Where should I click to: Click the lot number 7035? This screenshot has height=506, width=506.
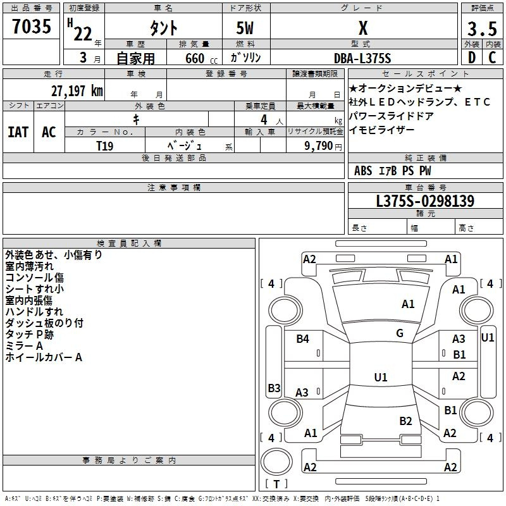click(32, 26)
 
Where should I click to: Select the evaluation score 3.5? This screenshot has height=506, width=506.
click(482, 28)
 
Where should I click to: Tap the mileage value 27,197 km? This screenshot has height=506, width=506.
click(77, 91)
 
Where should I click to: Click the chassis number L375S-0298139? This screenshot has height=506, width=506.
click(425, 201)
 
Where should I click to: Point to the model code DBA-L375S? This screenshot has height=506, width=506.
click(362, 58)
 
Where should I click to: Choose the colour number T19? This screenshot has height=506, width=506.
click(105, 146)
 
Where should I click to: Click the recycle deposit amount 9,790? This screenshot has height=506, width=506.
click(319, 146)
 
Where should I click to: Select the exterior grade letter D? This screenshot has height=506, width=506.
click(472, 58)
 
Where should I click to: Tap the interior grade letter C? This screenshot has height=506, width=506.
click(492, 58)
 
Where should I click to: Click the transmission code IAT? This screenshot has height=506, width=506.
click(18, 132)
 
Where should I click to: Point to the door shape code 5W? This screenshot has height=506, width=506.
click(245, 28)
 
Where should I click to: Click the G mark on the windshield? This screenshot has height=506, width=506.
click(400, 333)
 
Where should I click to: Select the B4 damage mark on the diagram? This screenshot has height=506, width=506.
click(303, 339)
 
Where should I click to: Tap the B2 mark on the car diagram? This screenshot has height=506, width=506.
click(405, 421)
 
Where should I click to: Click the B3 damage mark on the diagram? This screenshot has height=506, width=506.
click(275, 388)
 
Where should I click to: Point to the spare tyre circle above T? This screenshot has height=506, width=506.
click(276, 462)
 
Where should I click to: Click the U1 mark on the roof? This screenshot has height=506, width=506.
click(381, 377)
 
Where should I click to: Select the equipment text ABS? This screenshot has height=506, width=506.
click(363, 171)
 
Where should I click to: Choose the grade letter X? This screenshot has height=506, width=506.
click(363, 28)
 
